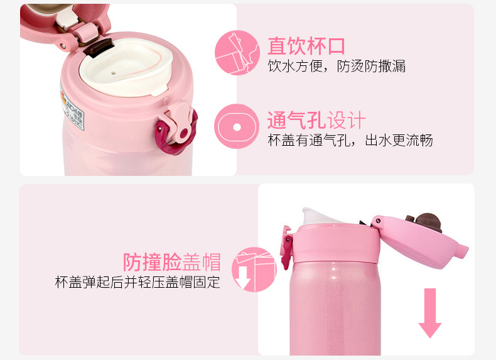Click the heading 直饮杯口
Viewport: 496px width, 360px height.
[306, 46]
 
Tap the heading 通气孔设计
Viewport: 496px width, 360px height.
[316, 120]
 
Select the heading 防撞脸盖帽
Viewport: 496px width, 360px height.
[172, 262]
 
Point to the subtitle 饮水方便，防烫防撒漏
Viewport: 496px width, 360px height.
[337, 66]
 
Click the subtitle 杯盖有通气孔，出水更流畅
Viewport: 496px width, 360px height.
[350, 140]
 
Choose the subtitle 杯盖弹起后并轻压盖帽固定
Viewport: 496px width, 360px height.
[137, 282]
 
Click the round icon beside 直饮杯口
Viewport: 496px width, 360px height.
[237, 53]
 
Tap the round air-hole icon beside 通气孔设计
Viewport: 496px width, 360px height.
[237, 127]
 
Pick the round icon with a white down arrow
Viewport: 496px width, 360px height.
[254, 270]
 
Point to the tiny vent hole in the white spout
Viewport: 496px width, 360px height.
[114, 73]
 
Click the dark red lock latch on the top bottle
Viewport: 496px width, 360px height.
[176, 134]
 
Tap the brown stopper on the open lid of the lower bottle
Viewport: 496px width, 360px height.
[426, 222]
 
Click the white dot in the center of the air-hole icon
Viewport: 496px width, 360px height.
[237, 128]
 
